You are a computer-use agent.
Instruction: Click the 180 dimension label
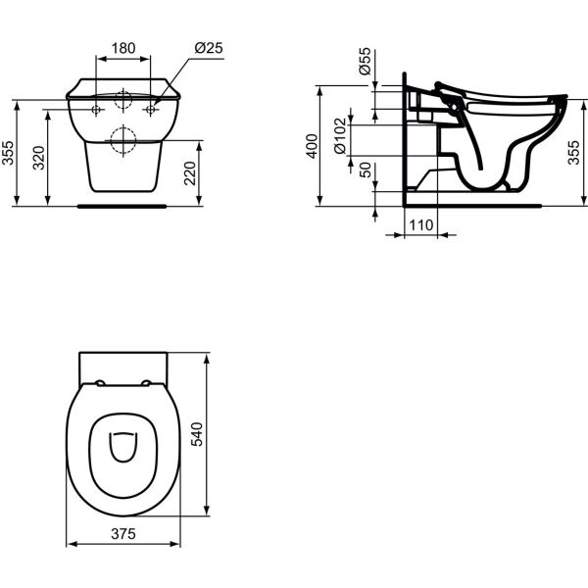point(122,48)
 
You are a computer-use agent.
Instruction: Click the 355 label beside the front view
point(9,153)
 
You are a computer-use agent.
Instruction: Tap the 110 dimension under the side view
point(420,225)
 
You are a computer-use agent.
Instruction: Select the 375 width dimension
point(122,533)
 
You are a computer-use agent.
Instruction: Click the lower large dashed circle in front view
point(122,141)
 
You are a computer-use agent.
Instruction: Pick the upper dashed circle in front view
point(122,99)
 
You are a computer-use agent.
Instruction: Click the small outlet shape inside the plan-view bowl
point(122,447)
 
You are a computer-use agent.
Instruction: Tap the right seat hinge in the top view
point(145,382)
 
